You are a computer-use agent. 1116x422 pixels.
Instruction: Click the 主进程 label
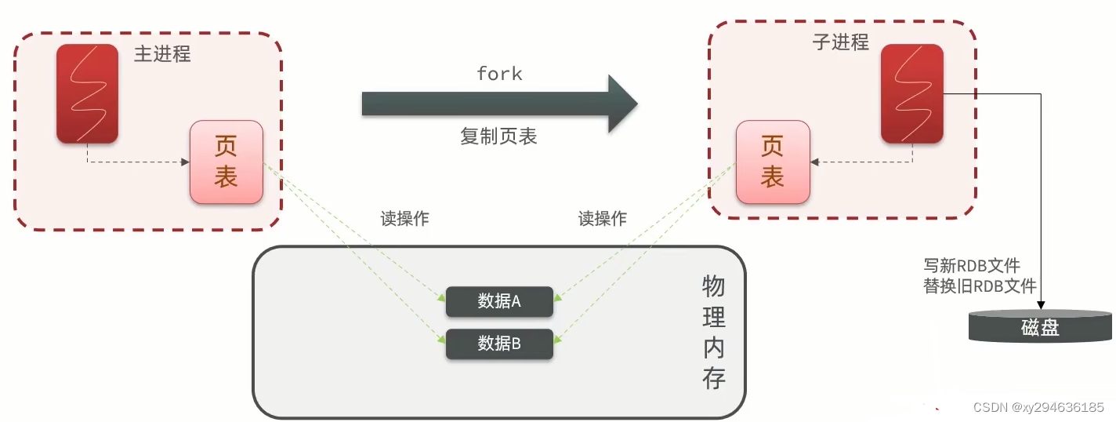pyautogui.click(x=162, y=54)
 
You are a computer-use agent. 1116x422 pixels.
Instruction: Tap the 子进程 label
pyautogui.click(x=840, y=42)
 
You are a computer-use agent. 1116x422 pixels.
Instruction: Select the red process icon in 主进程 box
pyautogui.click(x=87, y=94)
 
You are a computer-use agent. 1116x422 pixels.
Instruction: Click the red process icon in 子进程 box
pyautogui.click(x=911, y=94)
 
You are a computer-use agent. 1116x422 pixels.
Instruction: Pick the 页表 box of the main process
pyautogui.click(x=226, y=162)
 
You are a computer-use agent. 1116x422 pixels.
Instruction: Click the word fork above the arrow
pyautogui.click(x=499, y=74)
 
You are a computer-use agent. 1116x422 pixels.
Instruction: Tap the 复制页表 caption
pyautogui.click(x=498, y=136)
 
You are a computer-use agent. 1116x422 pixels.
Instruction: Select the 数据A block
pyautogui.click(x=499, y=301)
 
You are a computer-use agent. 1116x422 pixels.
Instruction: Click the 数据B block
pyautogui.click(x=499, y=344)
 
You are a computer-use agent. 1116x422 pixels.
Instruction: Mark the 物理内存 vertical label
pyautogui.click(x=713, y=333)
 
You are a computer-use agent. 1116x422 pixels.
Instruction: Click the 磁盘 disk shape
pyautogui.click(x=1040, y=327)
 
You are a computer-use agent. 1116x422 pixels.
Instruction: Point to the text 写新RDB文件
pyautogui.click(x=973, y=266)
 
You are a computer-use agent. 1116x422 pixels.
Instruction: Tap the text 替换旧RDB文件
pyautogui.click(x=980, y=286)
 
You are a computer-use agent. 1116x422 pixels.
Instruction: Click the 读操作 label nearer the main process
pyautogui.click(x=404, y=219)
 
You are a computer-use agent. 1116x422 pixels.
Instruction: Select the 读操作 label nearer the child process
pyautogui.click(x=602, y=219)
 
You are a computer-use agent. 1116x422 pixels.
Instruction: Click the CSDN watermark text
pyautogui.click(x=1038, y=407)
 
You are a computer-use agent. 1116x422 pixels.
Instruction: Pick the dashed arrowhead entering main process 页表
pyautogui.click(x=186, y=162)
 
